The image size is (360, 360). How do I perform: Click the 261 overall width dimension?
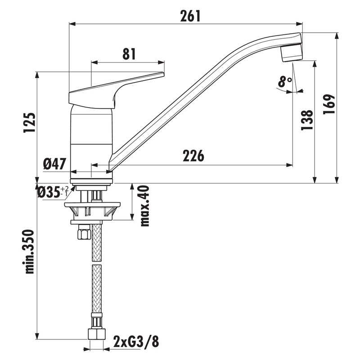pyautogui.click(x=190, y=16)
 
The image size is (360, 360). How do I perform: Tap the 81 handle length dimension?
pyautogui.click(x=129, y=54)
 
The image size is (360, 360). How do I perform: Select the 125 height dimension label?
pyautogui.click(x=30, y=122)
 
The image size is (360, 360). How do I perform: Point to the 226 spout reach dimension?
pyautogui.click(x=193, y=156)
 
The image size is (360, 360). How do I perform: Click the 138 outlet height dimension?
pyautogui.click(x=307, y=120)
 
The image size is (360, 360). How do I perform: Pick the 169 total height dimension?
pyautogui.click(x=329, y=104)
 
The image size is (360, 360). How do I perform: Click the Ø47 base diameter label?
pyautogui.click(x=54, y=164)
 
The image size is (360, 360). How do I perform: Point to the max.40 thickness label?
pyautogui.click(x=144, y=206)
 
